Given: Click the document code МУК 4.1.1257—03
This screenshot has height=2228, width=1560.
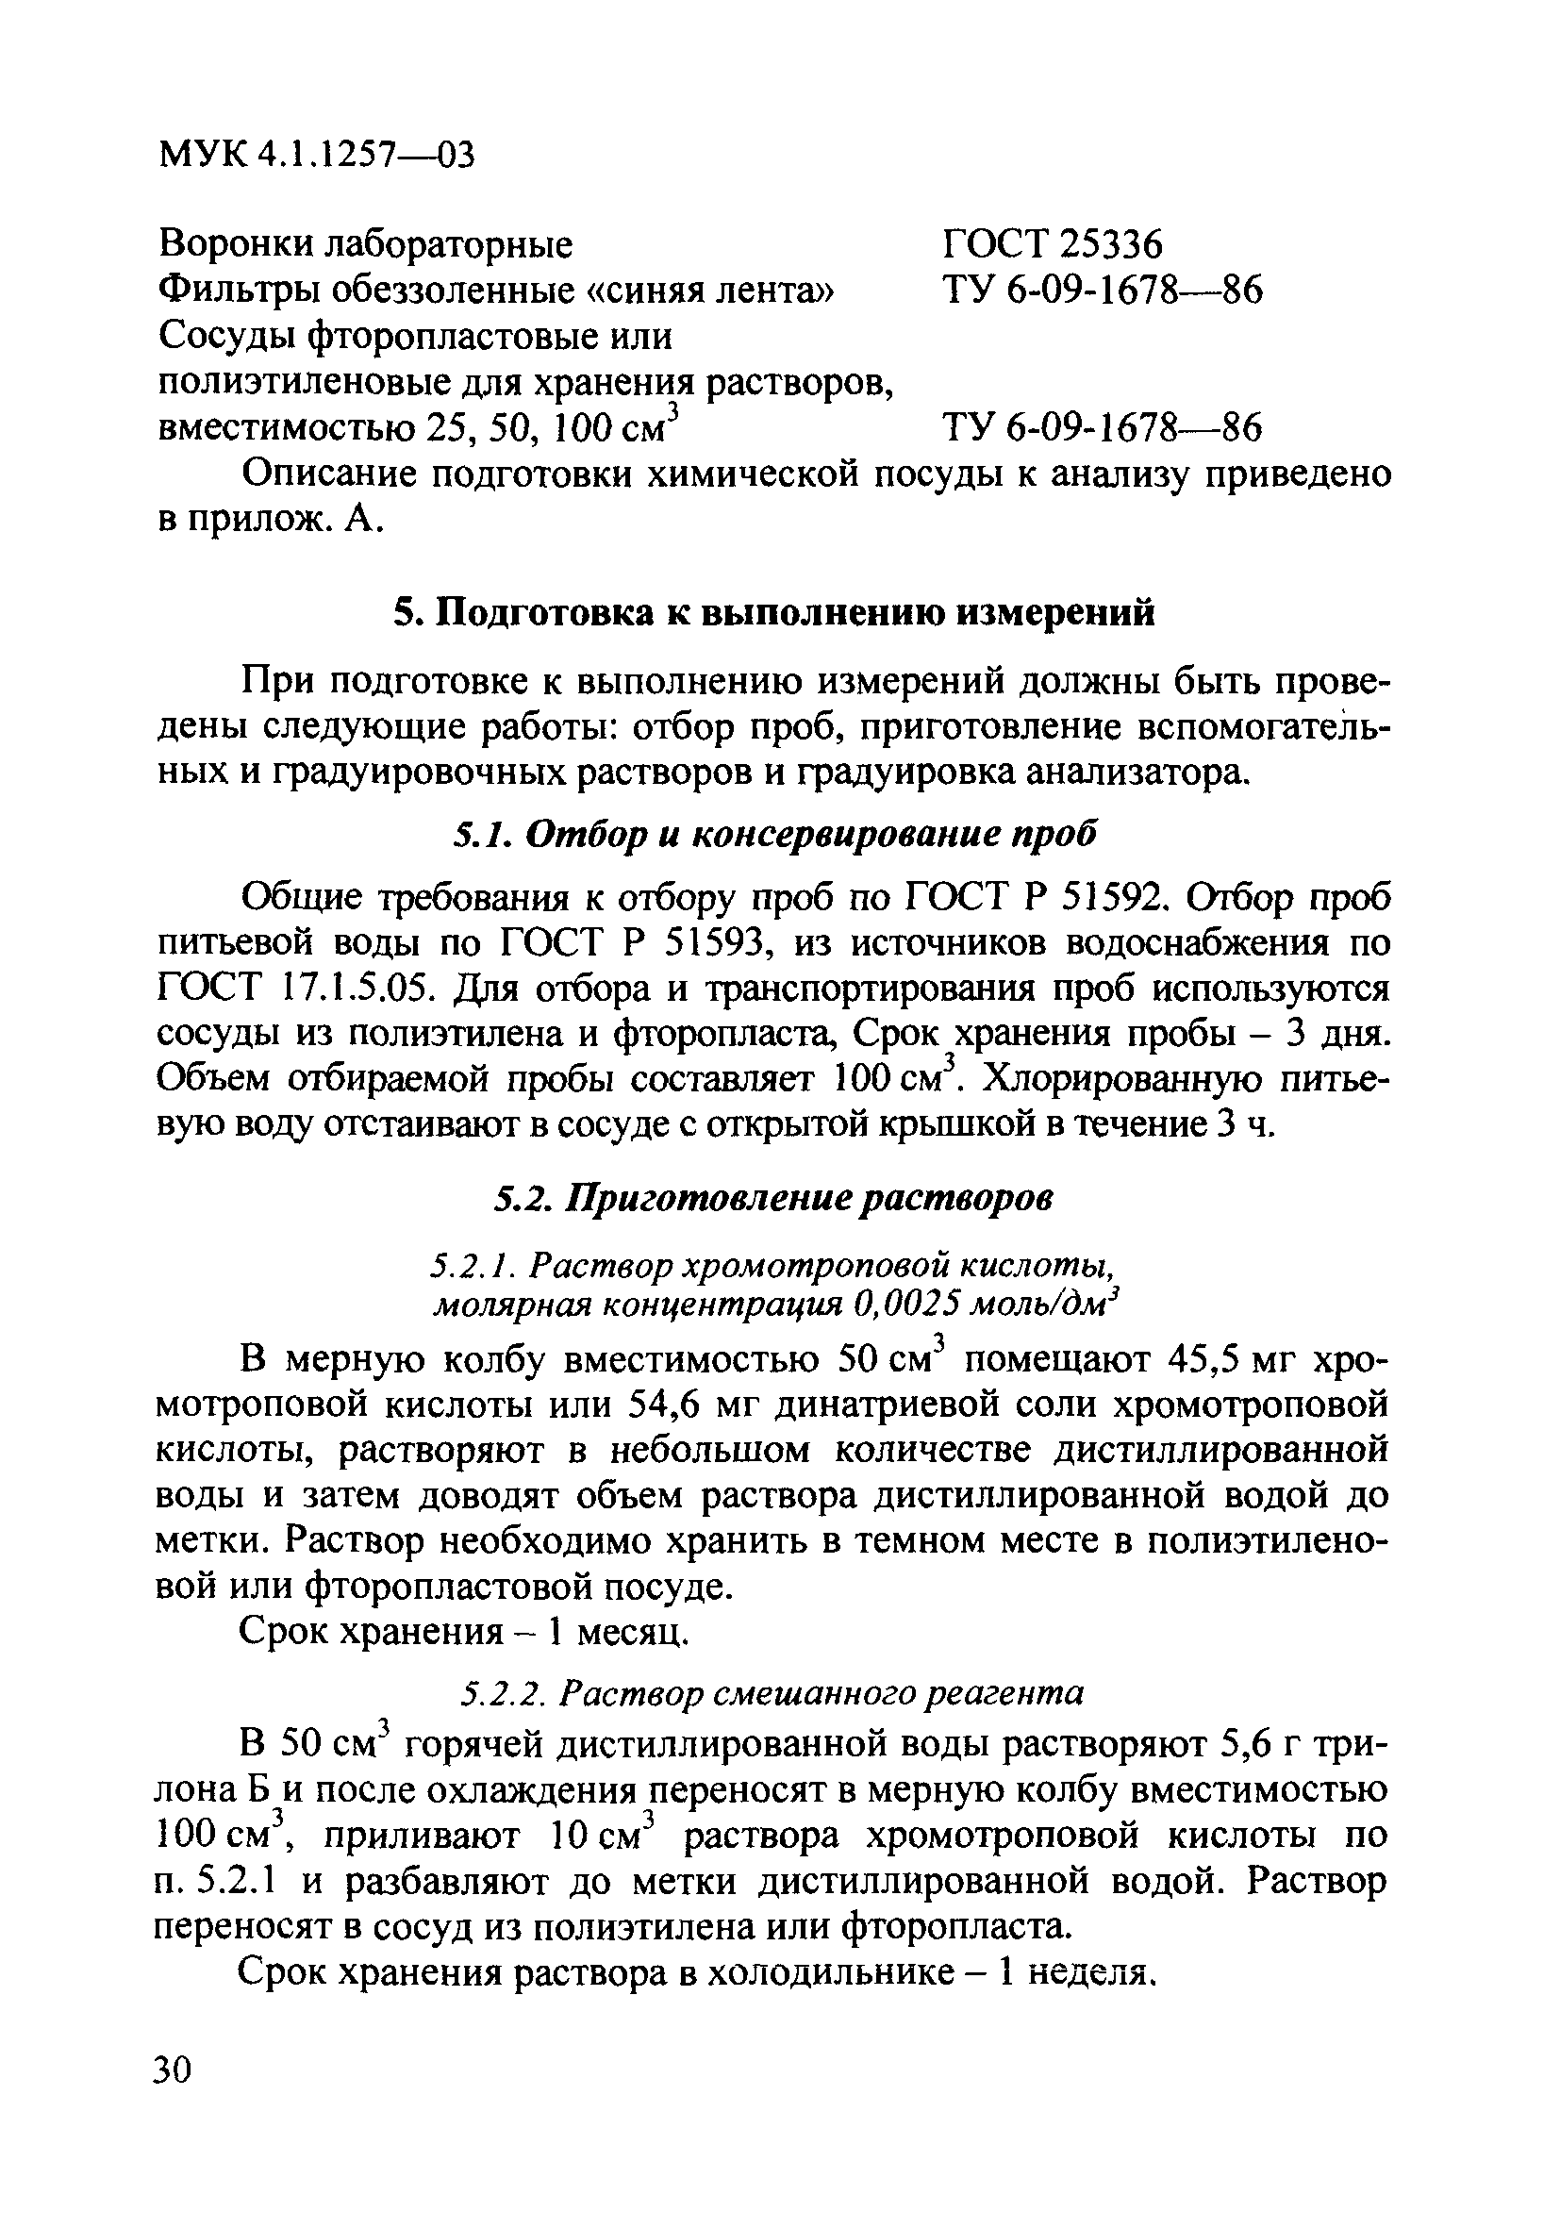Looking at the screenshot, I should (316, 155).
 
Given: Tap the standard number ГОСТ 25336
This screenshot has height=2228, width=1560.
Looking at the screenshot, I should (1052, 244).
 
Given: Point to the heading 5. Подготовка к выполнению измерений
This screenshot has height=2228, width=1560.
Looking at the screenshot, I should (773, 613).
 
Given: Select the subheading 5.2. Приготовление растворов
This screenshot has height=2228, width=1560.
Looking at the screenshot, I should (773, 1199).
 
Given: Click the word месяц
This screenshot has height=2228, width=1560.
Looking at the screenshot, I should (631, 1633).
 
